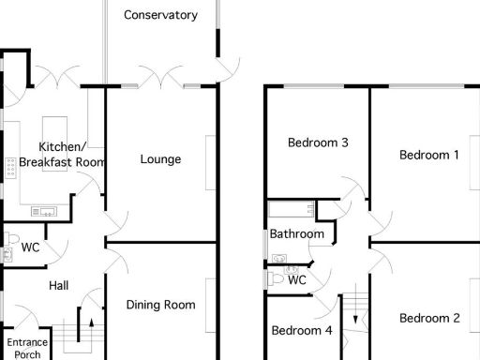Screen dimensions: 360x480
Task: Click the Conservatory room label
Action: pyautogui.click(x=160, y=15)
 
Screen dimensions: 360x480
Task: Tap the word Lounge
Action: pyautogui.click(x=160, y=159)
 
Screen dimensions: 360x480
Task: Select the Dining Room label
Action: pyautogui.click(x=160, y=305)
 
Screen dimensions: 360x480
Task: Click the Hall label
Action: pyautogui.click(x=58, y=286)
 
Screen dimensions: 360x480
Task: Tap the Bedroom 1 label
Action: pyautogui.click(x=428, y=155)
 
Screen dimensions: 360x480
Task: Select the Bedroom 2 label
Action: pyautogui.click(x=429, y=319)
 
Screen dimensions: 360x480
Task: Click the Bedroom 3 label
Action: pyautogui.click(x=318, y=143)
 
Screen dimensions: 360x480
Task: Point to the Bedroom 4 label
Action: pyautogui.click(x=302, y=331)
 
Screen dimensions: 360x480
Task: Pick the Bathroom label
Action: pyautogui.click(x=297, y=234)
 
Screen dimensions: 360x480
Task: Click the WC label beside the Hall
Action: pyautogui.click(x=30, y=248)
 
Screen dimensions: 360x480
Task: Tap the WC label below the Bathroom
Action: pyautogui.click(x=297, y=279)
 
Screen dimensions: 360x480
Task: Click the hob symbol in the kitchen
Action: pyautogui.click(x=10, y=167)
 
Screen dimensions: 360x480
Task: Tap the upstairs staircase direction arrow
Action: pyautogui.click(x=355, y=319)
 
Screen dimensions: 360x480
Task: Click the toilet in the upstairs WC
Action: pyautogui.click(x=275, y=278)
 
